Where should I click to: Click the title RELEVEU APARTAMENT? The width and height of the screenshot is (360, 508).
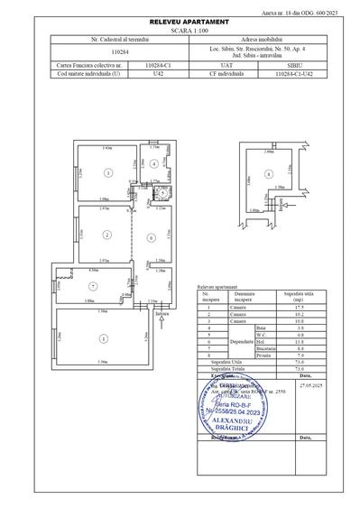point(180,20)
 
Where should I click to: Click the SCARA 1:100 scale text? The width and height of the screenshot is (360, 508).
point(180,29)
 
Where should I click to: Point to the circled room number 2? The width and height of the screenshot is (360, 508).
point(106,235)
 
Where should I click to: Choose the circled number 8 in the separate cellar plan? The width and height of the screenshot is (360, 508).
point(268,173)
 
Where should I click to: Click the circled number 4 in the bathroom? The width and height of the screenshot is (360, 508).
point(155,163)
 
